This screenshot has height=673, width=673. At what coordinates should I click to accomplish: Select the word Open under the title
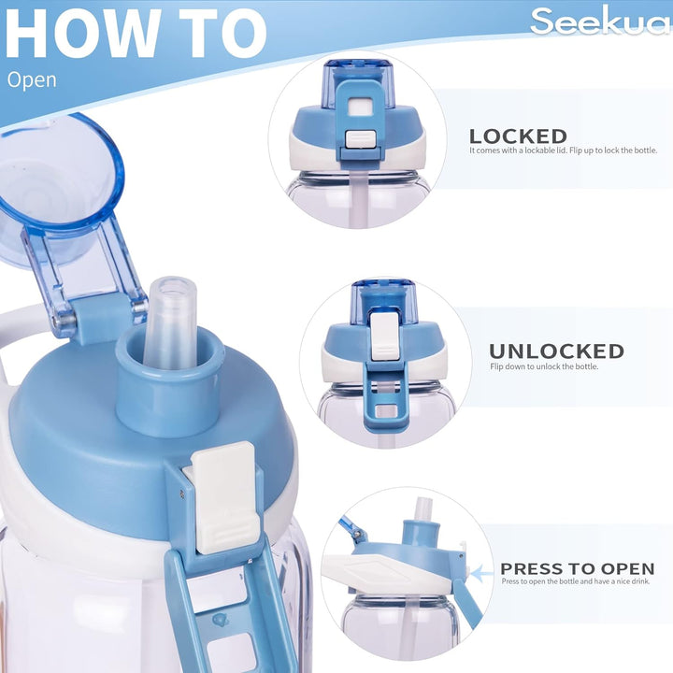click(32, 79)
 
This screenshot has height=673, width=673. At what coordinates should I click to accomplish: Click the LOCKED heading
click(518, 136)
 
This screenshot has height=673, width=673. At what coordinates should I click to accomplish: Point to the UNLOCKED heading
click(556, 351)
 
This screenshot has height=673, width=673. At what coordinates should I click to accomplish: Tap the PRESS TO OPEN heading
click(577, 568)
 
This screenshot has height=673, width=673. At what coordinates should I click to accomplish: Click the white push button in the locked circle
click(360, 138)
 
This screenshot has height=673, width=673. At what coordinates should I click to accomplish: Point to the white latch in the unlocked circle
click(383, 335)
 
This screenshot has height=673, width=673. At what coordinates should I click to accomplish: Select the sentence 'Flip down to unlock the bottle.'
click(544, 366)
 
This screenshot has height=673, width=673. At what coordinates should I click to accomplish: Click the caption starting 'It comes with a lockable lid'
click(563, 150)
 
